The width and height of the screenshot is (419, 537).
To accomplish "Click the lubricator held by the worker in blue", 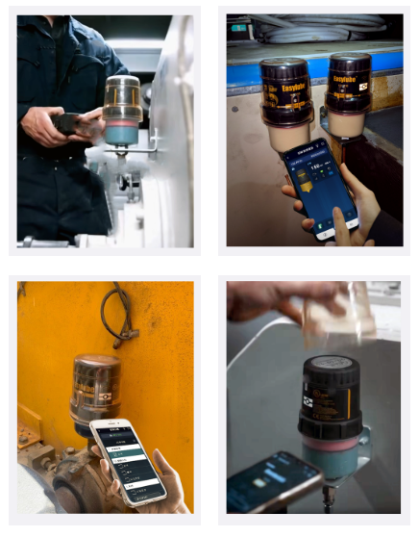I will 121,111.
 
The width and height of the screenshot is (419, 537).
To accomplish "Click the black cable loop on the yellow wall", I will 116,314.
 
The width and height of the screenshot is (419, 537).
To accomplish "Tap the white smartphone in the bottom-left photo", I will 128,460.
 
